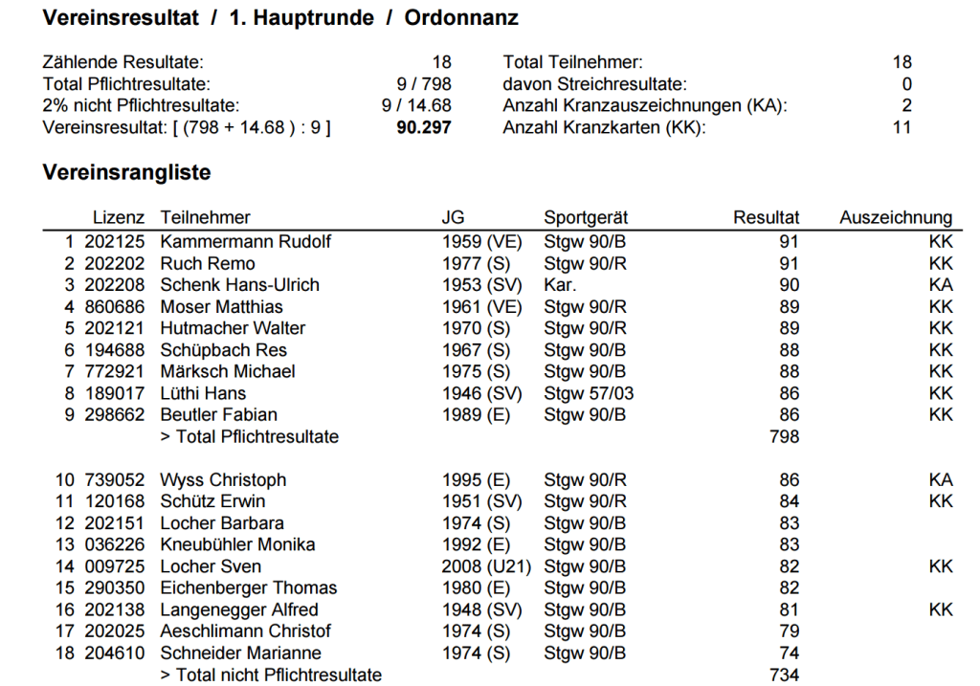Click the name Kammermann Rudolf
[245, 241]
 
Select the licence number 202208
[115, 285]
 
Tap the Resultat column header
[766, 217]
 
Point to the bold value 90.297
[423, 127]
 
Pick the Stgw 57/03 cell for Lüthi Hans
[588, 393]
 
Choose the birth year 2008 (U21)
[486, 566]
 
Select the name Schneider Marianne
[240, 653]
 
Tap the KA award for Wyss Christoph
[941, 480]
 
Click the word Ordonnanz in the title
[462, 18]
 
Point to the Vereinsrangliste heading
[126, 173]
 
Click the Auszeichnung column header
[896, 217]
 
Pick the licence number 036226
[115, 545]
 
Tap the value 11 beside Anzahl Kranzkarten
[902, 127]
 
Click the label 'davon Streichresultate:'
[594, 84]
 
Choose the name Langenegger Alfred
[239, 609]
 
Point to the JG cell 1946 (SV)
[481, 393]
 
